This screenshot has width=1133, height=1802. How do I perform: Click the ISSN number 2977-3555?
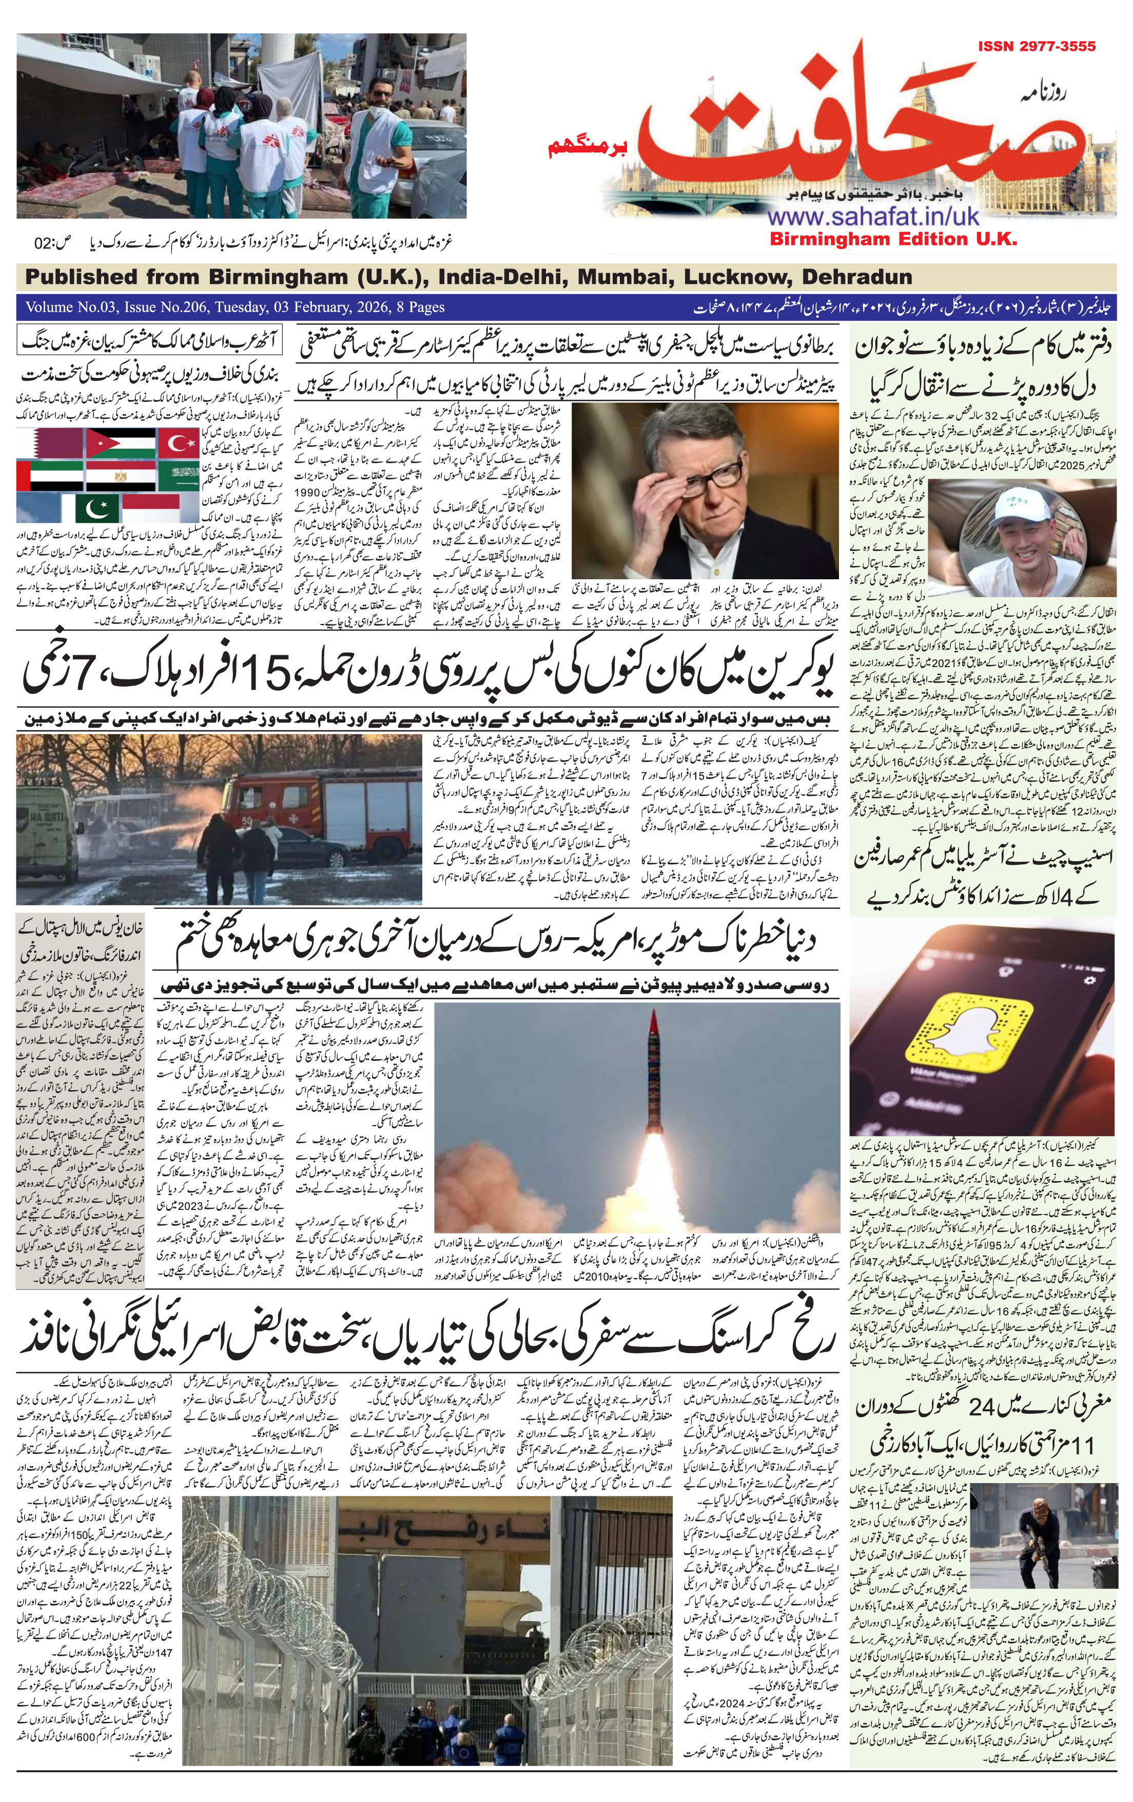tap(1036, 46)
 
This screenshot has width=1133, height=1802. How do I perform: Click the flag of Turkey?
tap(179, 445)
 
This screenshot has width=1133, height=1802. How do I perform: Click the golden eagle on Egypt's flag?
tap(120, 476)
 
